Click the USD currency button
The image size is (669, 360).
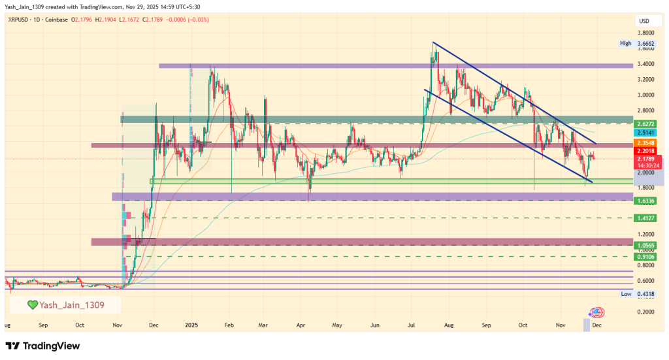[x=644, y=22]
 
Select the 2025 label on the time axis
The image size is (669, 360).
[x=191, y=324]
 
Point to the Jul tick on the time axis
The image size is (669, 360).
[x=412, y=324]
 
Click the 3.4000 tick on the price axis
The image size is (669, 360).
[x=646, y=64]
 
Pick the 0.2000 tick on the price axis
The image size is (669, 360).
[x=646, y=312]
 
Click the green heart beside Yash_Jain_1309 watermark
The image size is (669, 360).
[x=32, y=304]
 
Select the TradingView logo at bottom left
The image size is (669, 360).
[x=42, y=345]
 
